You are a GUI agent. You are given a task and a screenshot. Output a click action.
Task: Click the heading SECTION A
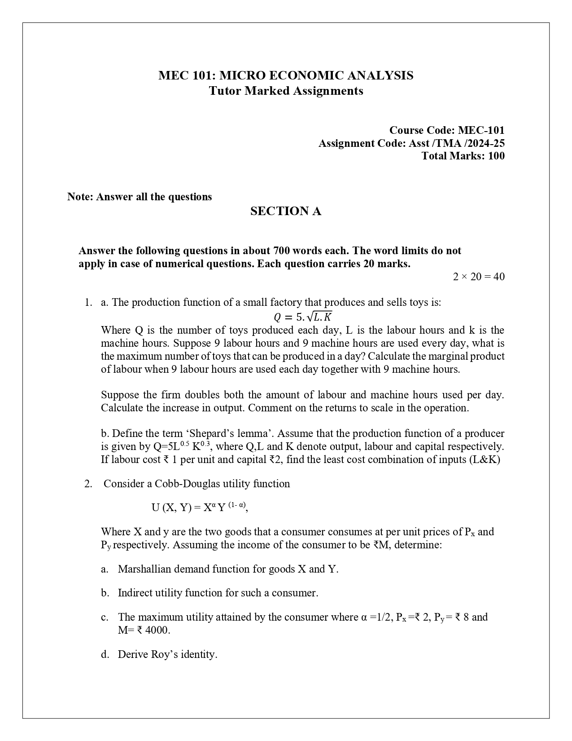click(x=286, y=211)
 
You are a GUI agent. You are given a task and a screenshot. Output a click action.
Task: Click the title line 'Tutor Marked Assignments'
click(x=286, y=91)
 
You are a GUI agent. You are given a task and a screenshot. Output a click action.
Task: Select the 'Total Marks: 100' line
click(x=463, y=156)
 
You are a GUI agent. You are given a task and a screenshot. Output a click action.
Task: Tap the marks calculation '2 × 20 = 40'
click(x=478, y=277)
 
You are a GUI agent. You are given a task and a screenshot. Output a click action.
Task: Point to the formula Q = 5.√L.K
click(x=303, y=317)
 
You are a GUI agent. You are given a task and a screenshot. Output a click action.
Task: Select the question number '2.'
click(x=88, y=484)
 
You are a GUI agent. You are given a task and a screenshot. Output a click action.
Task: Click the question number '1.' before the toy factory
click(x=88, y=302)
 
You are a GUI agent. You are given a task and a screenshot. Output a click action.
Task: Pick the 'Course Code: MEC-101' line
click(x=446, y=130)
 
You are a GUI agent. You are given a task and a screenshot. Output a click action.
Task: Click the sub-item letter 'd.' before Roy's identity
click(x=105, y=654)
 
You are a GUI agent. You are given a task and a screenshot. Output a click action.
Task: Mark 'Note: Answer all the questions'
click(x=140, y=197)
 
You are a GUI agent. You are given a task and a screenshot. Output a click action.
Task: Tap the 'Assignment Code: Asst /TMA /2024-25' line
click(x=411, y=143)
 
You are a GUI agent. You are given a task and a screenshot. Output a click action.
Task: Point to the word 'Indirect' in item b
click(x=135, y=593)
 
